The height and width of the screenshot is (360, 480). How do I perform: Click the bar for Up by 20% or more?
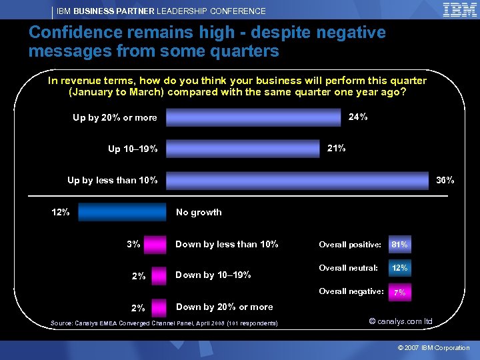point(253,117)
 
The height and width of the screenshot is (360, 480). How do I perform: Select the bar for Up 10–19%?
point(243,148)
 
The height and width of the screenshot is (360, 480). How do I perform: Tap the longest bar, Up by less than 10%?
point(297,181)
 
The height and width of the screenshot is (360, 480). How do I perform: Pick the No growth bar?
point(121,212)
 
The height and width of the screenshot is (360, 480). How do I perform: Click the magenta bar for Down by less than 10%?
point(155,244)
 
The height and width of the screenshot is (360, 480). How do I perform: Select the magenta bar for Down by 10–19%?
point(158,275)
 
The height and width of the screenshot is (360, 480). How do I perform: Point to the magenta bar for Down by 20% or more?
point(158,307)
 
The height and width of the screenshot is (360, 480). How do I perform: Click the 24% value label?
point(358,117)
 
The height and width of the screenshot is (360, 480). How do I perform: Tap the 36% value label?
point(445,180)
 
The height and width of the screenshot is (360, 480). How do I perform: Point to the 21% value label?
point(336,148)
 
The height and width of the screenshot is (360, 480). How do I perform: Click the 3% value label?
point(133,244)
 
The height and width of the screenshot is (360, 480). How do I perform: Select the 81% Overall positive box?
point(400,245)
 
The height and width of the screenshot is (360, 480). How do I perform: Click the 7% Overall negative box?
point(399,292)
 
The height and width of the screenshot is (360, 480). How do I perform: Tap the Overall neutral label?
point(348,268)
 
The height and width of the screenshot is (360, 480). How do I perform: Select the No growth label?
point(199,212)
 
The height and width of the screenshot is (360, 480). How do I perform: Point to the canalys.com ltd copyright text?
point(401,321)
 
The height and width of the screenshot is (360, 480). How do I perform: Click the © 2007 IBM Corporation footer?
point(433,348)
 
